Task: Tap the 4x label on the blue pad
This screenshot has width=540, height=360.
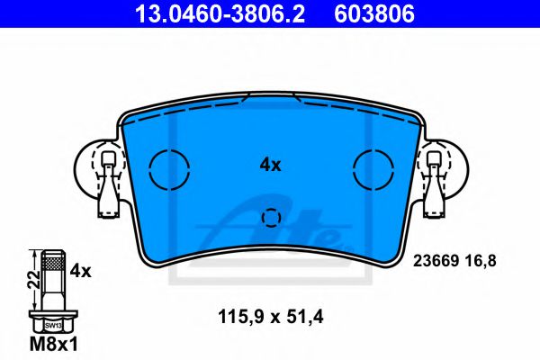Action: (270, 165)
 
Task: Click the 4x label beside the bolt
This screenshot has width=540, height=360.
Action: (81, 269)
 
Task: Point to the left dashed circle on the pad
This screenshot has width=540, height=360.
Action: (168, 167)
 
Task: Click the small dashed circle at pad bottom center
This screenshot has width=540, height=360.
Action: (270, 217)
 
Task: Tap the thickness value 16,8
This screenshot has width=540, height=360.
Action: (479, 261)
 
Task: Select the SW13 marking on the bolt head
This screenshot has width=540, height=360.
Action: (53, 324)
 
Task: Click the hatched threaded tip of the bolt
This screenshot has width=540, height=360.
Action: (53, 264)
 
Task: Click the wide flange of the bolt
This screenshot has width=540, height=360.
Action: (53, 314)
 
